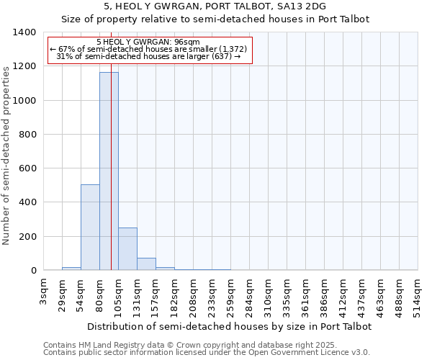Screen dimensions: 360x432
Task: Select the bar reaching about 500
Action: pos(90,228)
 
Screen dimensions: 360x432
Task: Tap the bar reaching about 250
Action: pos(127,249)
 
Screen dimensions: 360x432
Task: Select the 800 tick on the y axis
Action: pos(27,135)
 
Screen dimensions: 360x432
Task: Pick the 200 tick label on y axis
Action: pos(27,237)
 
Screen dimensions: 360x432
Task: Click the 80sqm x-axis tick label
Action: pos(99,292)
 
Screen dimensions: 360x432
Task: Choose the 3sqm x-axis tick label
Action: pos(43,289)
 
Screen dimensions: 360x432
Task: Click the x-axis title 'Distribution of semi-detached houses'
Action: pos(228,326)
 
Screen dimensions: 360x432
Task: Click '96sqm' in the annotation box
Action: pos(193,42)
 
